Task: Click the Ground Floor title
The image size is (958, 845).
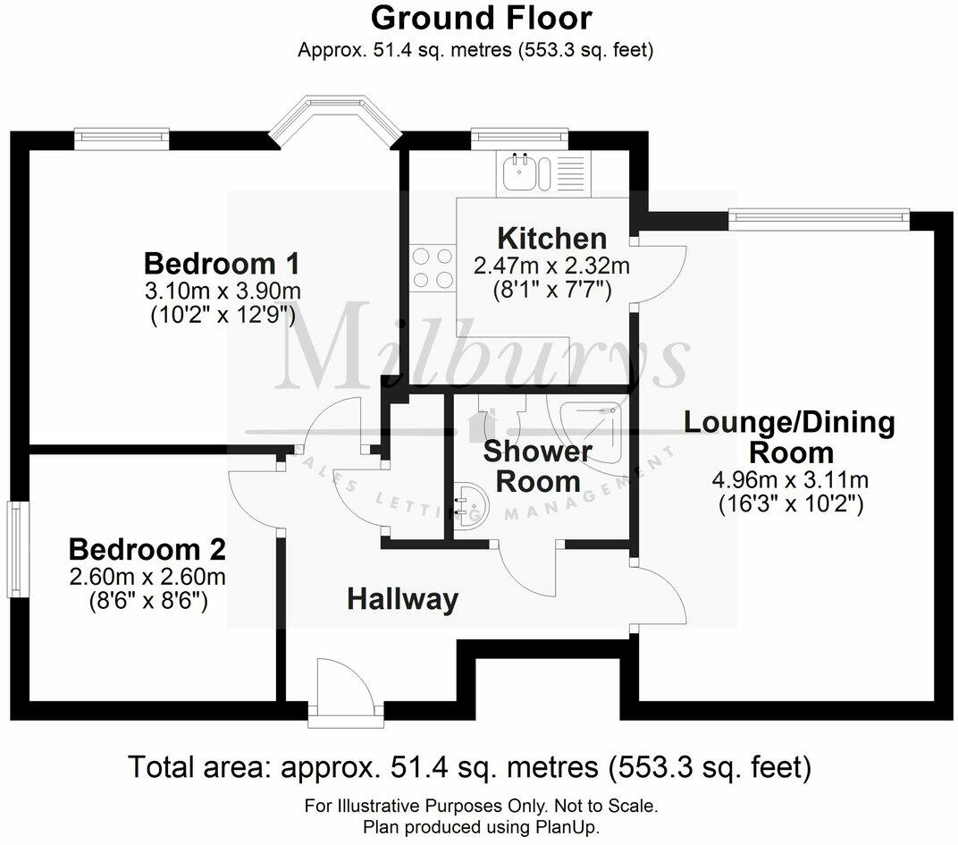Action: click(481, 18)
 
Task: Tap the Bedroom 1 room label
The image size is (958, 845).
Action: click(221, 265)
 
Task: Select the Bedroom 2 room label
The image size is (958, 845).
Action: click(147, 549)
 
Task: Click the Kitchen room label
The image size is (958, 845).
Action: click(551, 239)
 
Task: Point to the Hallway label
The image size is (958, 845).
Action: click(402, 599)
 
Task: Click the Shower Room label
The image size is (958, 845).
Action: click(537, 466)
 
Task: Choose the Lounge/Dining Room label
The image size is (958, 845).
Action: click(789, 436)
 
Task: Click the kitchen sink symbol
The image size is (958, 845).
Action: click(518, 172)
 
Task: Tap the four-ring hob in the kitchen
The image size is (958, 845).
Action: click(433, 267)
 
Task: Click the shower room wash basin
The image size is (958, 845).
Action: click(468, 508)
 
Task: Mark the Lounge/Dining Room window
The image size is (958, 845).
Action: click(819, 215)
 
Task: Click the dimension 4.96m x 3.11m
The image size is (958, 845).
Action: click(789, 481)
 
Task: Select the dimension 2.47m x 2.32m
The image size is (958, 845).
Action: click(551, 266)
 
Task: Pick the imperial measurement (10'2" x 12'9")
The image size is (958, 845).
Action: click(221, 315)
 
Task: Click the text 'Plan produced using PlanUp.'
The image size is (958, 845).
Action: click(481, 827)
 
